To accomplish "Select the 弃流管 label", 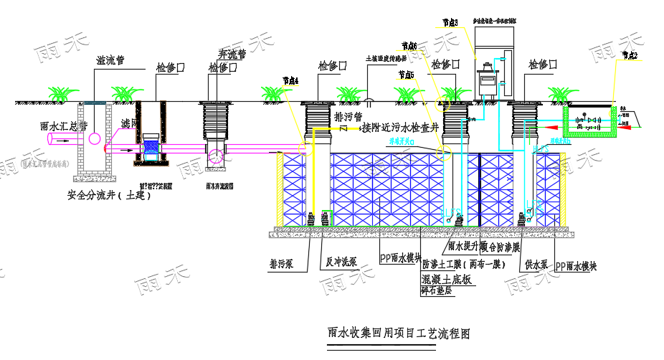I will [231, 54].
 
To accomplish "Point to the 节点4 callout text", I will [290, 80].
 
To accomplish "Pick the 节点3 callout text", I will [450, 23].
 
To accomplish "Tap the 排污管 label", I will [349, 115].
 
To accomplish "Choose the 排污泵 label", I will [282, 262].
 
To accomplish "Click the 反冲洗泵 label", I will [336, 262].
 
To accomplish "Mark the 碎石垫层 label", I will [438, 290].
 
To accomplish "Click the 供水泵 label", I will [536, 265].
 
